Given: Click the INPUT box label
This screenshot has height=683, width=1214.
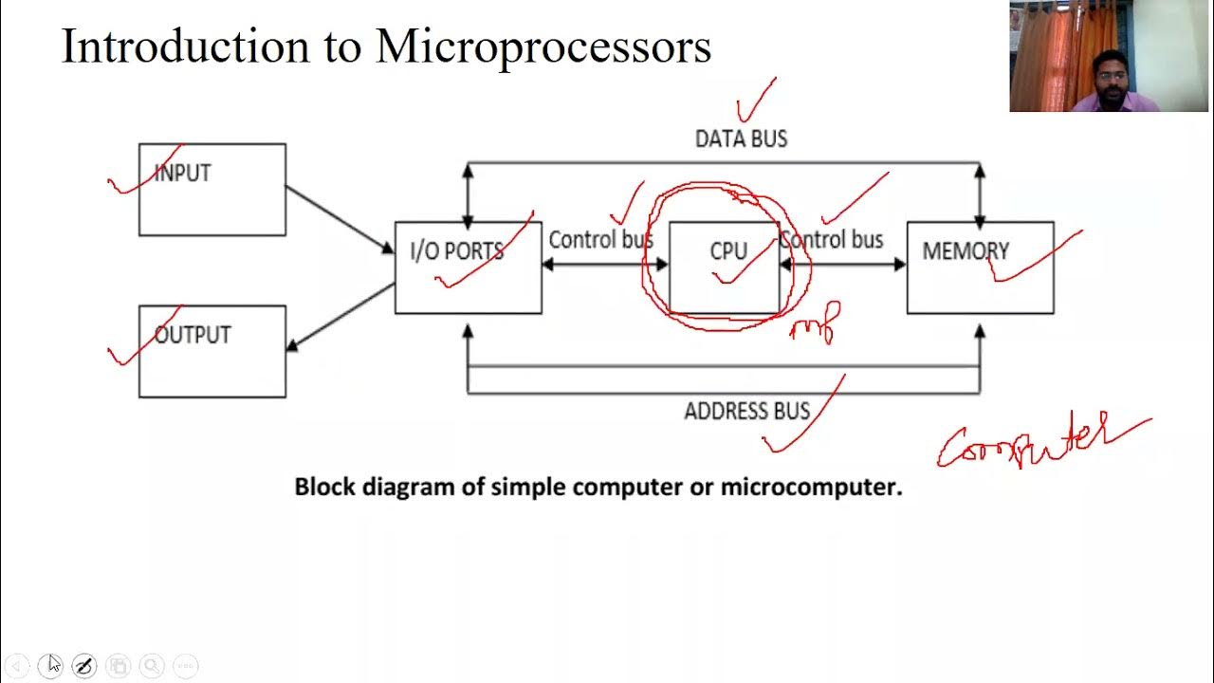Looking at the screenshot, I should pos(182,174).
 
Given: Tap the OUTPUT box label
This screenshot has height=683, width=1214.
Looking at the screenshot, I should pos(193,336).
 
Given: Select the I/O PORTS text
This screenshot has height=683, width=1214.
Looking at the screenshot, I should pos(456,251).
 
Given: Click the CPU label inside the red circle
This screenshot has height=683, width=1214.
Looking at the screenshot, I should pos(728,251).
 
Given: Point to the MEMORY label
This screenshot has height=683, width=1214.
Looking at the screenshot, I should pos(966,251).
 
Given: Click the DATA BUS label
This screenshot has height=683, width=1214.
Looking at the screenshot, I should pos(741,139).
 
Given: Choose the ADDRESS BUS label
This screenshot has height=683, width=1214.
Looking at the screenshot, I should pos(747,411).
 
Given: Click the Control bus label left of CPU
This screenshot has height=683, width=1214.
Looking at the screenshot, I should pos(599,240).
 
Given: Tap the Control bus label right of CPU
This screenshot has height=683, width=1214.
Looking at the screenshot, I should pos(833,240).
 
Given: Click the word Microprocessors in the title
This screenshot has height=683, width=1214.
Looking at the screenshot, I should pos(543,46).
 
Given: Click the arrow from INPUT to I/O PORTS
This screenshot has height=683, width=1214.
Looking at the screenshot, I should pos(340,219).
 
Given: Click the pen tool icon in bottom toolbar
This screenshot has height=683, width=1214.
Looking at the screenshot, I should pos(83,666).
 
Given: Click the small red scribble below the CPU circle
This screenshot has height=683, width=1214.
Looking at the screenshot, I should pos(815,323).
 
